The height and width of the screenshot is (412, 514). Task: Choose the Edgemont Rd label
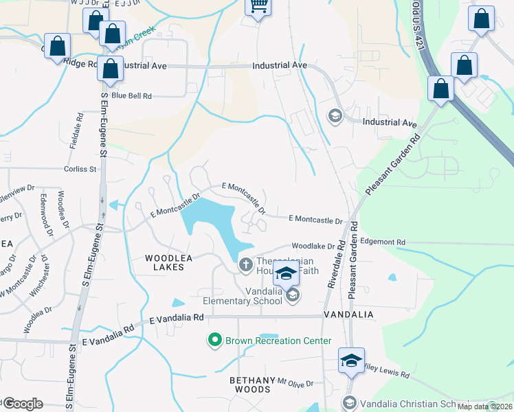(383, 242)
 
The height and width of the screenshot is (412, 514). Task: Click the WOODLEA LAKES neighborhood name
(164, 262)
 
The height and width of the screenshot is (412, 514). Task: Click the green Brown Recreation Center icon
(215, 340)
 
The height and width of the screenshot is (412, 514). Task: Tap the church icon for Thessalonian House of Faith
(246, 264)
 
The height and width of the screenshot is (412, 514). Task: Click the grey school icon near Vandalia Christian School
(349, 403)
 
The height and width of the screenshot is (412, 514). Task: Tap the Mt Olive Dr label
(295, 383)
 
